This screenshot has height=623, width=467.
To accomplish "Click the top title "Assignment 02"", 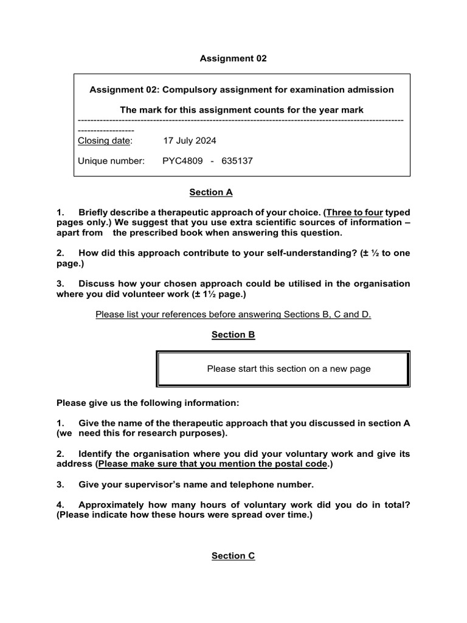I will [x=233, y=58].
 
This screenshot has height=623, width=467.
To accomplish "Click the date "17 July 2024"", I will [x=190, y=141].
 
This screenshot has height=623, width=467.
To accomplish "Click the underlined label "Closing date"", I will [x=104, y=141].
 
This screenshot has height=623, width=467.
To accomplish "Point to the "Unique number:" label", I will [x=111, y=161].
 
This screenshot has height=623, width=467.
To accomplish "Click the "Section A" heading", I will [x=211, y=192].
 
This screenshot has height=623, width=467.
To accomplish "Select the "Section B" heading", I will [x=233, y=335].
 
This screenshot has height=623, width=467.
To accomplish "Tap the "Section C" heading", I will [x=233, y=555].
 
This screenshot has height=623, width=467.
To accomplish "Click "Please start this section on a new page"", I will [x=289, y=368].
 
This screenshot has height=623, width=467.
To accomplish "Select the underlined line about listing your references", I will [x=233, y=315].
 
